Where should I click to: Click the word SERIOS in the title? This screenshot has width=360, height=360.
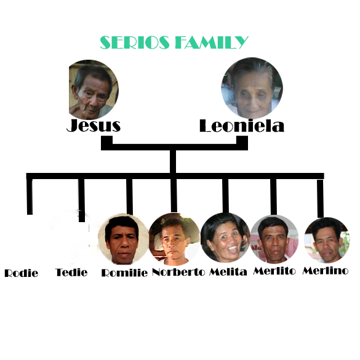(135, 42)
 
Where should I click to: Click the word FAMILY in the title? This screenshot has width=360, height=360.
(212, 42)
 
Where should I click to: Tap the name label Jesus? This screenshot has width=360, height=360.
(94, 126)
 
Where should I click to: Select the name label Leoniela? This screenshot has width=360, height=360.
(242, 126)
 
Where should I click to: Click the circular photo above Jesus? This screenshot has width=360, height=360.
(94, 90)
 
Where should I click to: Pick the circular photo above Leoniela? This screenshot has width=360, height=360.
(252, 88)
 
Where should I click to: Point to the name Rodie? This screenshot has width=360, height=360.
(22, 273)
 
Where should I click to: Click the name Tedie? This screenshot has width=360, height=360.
(71, 272)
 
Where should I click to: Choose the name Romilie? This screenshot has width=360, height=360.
(124, 273)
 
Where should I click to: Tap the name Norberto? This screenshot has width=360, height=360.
(178, 272)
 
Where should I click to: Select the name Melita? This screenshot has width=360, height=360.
(228, 272)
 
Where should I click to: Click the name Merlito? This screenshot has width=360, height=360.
(274, 271)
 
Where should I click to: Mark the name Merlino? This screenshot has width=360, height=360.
(326, 271)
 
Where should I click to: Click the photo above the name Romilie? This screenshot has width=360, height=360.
(123, 239)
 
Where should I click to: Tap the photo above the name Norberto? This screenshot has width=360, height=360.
(174, 239)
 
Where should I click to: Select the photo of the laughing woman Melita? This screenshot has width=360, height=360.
(225, 238)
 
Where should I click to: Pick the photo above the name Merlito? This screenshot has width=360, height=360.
(274, 239)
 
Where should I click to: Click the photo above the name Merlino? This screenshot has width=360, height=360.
(327, 240)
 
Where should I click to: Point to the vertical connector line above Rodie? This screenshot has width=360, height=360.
(30, 196)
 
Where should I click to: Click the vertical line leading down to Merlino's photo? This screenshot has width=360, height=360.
(320, 199)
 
